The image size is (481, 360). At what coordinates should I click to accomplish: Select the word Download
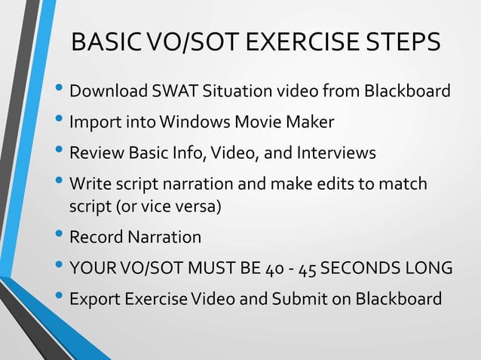(106, 92)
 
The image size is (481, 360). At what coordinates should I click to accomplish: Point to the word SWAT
(172, 92)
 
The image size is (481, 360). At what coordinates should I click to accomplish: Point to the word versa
(197, 206)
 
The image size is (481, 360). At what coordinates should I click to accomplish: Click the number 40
(276, 269)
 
